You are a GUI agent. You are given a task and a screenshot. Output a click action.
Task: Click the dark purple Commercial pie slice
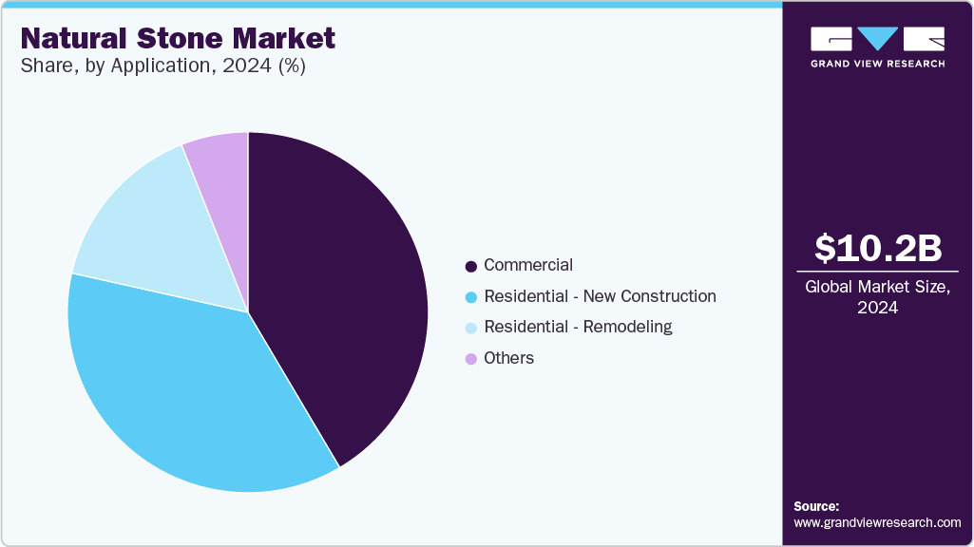(x=342, y=285)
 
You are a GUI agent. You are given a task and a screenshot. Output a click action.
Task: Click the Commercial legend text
(x=528, y=265)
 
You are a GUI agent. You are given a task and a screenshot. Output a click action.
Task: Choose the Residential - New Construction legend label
(x=600, y=296)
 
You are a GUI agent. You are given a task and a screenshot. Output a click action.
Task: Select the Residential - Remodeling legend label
(x=578, y=327)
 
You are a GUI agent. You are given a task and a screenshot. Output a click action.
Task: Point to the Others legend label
(x=508, y=358)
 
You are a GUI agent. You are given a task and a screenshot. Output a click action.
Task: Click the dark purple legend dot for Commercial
(x=470, y=266)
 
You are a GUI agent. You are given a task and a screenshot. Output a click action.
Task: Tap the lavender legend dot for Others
(x=470, y=359)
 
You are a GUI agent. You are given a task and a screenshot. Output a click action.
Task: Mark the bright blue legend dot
(x=470, y=297)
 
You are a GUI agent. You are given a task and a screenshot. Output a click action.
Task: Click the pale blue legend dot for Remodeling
(x=470, y=328)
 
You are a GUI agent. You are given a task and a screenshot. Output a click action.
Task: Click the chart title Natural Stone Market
(x=178, y=38)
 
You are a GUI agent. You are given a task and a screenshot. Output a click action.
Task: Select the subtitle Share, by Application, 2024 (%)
(x=162, y=66)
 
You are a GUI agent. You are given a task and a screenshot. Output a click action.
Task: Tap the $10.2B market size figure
(x=878, y=248)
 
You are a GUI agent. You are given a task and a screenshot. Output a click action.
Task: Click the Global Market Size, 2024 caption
(x=878, y=296)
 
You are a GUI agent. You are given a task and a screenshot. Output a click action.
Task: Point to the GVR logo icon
(x=878, y=38)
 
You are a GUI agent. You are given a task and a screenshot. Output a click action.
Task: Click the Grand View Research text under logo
(x=878, y=64)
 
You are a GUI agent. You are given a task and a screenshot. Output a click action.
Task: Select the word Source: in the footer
(x=816, y=506)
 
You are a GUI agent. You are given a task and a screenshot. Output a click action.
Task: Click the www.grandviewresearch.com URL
(x=877, y=522)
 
